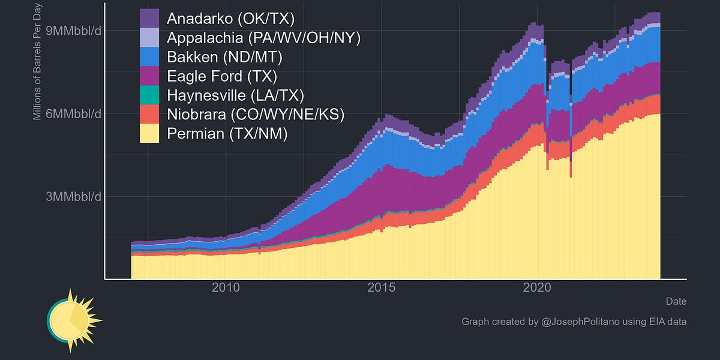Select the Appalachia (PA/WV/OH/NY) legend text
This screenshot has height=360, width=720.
pos(263,38)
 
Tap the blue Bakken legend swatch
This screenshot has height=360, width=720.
pos(149,57)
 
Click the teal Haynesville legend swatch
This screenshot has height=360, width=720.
pos(149,95)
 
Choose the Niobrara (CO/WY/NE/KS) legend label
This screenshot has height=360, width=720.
pos(256,114)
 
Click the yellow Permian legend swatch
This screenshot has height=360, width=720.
pos(149,133)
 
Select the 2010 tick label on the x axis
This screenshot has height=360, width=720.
pos(226,288)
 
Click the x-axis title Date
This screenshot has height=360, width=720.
pos(676,301)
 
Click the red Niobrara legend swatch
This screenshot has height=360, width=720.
pos(149,114)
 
